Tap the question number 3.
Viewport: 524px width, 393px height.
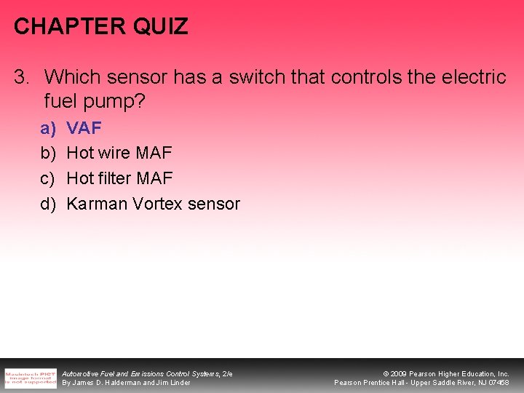23,77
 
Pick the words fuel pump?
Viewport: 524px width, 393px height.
95,101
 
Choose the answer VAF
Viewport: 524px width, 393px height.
84,129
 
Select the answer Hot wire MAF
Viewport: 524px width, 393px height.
119,154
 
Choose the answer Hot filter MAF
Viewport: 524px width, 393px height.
119,178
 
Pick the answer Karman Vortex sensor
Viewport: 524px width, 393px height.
153,204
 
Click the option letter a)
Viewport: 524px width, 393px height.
48,129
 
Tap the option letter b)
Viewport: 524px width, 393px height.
48,154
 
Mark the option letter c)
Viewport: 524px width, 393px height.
48,178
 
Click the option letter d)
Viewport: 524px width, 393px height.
48,204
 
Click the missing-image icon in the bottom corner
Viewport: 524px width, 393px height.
30,378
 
